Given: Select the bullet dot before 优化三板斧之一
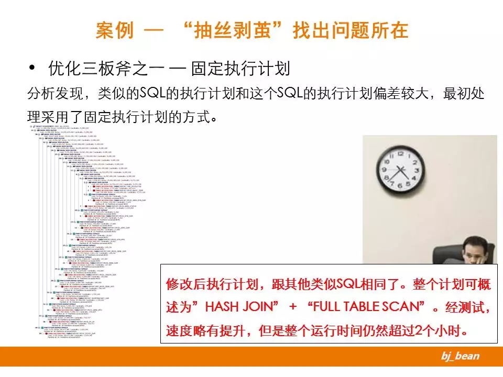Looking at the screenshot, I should point(32,68).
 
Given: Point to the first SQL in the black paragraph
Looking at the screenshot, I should point(152,94).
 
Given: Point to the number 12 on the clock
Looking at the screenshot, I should point(399,152).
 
